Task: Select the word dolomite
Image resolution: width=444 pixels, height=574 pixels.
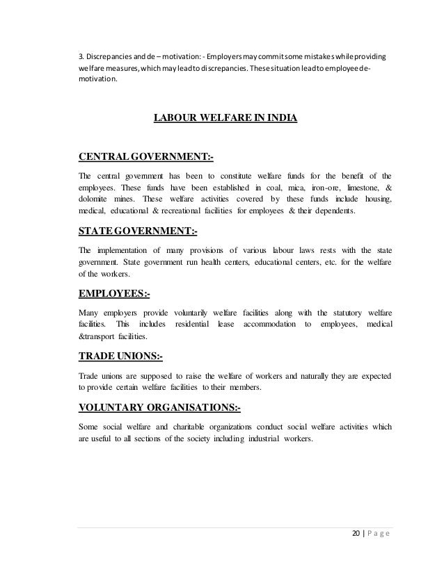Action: (x=97, y=199)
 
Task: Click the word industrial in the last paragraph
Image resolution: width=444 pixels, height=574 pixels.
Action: (x=264, y=439)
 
